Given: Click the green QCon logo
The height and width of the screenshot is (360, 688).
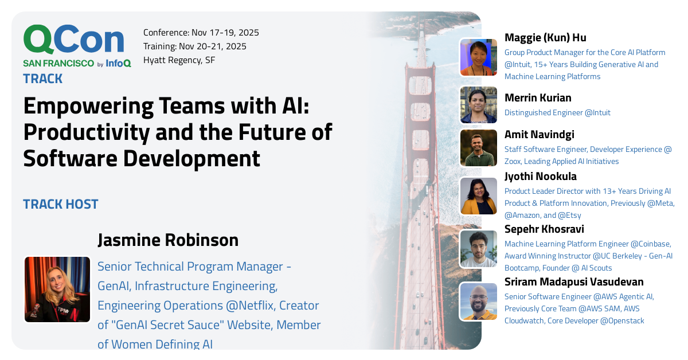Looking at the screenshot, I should tap(73, 40).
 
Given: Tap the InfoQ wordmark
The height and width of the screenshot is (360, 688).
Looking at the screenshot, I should tap(118, 64).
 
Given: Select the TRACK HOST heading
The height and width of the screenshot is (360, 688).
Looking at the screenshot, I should tap(61, 204).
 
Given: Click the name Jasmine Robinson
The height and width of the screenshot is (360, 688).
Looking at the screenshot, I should tap(168, 240).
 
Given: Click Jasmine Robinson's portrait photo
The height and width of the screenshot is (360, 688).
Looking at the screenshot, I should tap(57, 289).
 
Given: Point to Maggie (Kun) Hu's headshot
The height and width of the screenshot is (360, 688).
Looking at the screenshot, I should tap(478, 57).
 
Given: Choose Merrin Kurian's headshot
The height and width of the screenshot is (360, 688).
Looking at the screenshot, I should tap(478, 105).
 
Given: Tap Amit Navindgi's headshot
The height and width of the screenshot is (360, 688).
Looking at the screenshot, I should tap(478, 148).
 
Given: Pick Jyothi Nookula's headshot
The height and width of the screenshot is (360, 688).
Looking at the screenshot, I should tap(478, 196).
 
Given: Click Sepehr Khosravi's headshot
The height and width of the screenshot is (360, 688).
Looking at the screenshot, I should tap(478, 249).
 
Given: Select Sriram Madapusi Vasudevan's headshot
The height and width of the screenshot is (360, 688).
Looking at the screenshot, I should tap(478, 302).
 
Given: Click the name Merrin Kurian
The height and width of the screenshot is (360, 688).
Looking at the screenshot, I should tap(538, 98).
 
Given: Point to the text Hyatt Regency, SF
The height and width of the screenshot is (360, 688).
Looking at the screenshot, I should tap(179, 60).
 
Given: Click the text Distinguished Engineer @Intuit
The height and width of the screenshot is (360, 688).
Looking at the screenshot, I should tap(557, 113).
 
